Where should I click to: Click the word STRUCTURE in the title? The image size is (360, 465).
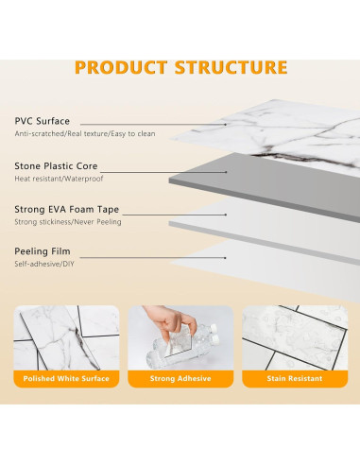click(231, 67)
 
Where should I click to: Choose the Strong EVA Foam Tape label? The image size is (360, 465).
click(67, 210)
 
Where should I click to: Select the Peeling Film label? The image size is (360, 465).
click(43, 252)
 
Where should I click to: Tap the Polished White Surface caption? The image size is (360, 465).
click(67, 379)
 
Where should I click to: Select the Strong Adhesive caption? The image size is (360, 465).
click(180, 379)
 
